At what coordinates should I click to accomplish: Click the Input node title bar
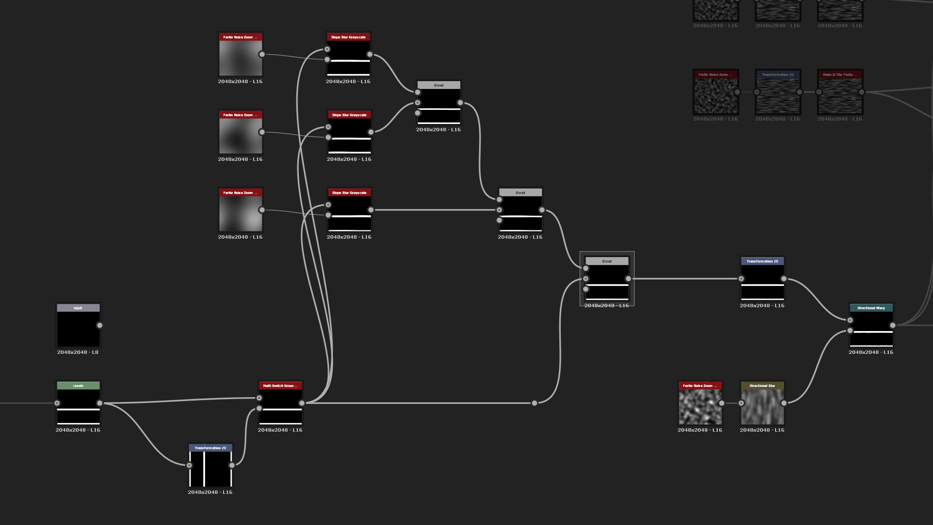tap(78, 308)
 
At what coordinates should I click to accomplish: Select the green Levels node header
tap(78, 385)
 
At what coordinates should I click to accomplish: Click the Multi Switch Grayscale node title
tap(280, 385)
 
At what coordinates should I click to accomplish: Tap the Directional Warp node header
tap(871, 308)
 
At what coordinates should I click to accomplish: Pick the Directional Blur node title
tap(762, 385)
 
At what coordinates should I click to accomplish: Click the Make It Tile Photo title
tap(840, 74)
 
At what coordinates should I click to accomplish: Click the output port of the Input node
tap(100, 325)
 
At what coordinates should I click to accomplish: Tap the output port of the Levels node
tap(100, 403)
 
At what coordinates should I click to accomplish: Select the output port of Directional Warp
tap(893, 325)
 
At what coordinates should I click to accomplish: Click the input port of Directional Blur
tap(741, 403)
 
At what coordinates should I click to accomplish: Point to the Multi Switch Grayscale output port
tap(302, 403)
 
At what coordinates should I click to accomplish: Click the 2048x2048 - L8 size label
tap(78, 352)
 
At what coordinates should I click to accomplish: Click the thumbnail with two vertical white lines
tap(210, 469)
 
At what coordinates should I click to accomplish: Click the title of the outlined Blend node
tap(607, 261)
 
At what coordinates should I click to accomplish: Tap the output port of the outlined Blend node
tap(628, 279)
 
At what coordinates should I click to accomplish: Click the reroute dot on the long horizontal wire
tap(535, 403)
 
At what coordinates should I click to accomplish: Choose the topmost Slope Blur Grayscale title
tap(348, 37)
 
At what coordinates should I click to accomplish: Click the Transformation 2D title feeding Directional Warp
tap(762, 261)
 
